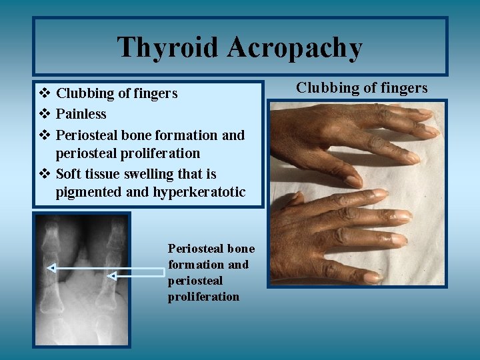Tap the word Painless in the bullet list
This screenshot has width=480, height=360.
coord(81,114)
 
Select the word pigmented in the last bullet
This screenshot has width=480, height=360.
coord(87,193)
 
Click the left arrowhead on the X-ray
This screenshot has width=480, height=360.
coord(50,269)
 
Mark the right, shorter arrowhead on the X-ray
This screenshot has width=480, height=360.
coord(112,275)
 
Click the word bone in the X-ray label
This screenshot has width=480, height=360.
coord(241,249)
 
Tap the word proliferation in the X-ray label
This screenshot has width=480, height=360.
coord(203,297)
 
